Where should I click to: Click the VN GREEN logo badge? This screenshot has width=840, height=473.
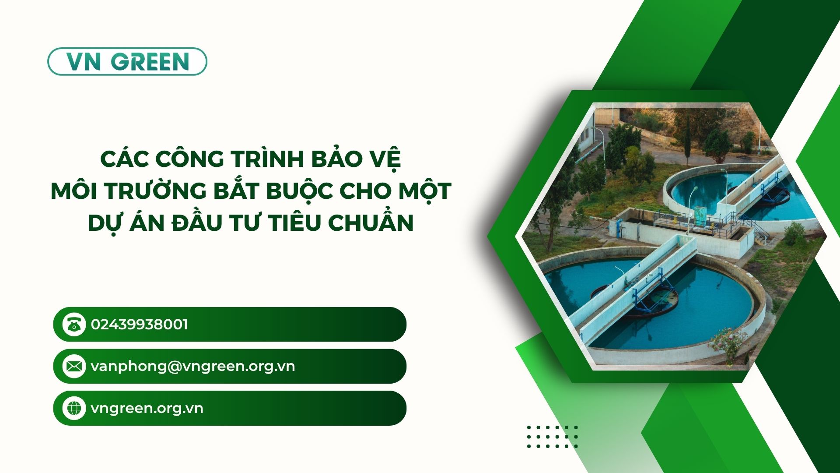pyautogui.click(x=127, y=61)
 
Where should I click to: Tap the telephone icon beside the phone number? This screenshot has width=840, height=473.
pyautogui.click(x=74, y=325)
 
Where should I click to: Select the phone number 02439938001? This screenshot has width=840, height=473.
pyautogui.click(x=140, y=325)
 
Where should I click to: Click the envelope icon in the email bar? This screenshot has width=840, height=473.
pyautogui.click(x=74, y=366)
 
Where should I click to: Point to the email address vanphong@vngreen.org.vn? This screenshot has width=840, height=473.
pyautogui.click(x=193, y=366)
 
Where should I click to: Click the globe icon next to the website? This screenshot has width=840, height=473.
pyautogui.click(x=74, y=408)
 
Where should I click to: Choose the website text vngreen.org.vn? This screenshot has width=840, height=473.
pyautogui.click(x=147, y=408)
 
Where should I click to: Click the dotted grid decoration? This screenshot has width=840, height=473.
pyautogui.click(x=553, y=437)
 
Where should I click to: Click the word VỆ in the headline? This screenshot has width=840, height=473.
pyautogui.click(x=387, y=159)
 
